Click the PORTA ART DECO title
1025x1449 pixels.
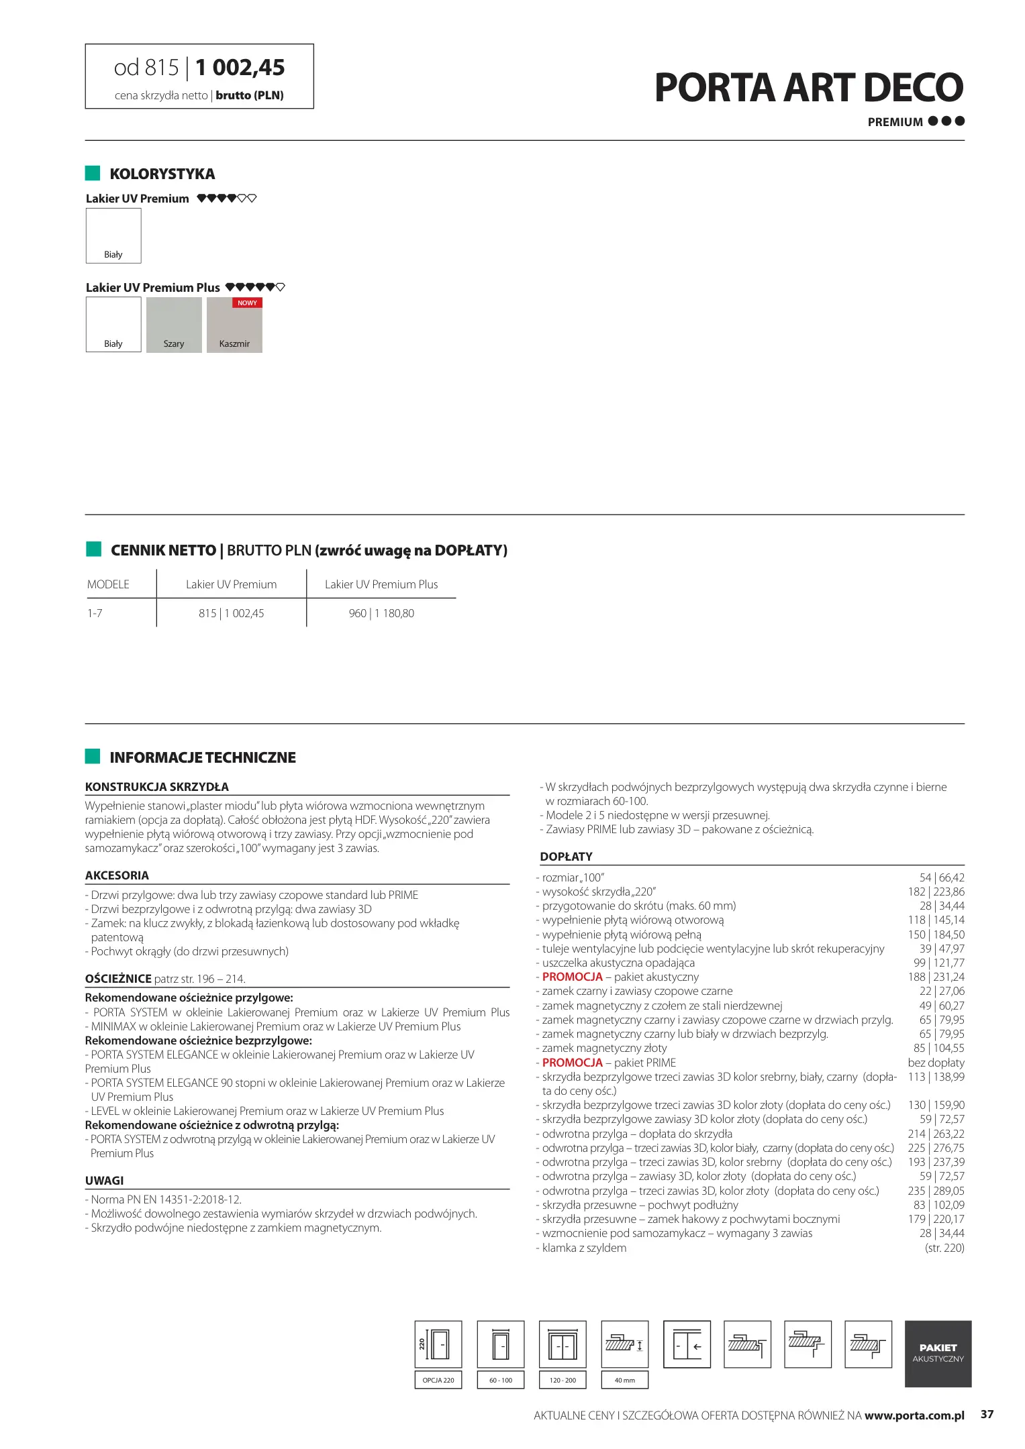point(808,88)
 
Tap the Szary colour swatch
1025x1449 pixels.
point(174,325)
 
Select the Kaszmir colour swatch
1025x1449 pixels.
point(234,325)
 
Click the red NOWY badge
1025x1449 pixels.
point(247,303)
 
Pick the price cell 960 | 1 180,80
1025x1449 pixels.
point(381,613)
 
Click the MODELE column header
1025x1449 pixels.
point(108,584)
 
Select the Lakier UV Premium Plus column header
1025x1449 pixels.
point(381,584)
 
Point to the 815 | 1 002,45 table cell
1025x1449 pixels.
point(232,613)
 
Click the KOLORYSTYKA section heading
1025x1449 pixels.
point(162,174)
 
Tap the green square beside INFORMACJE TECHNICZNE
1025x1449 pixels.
point(93,756)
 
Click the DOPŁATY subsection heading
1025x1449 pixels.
point(566,857)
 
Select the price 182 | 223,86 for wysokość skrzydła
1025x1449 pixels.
point(936,892)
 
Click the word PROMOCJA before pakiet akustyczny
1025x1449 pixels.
point(572,977)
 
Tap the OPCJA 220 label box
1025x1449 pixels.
point(438,1380)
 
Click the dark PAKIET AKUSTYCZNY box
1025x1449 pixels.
point(938,1353)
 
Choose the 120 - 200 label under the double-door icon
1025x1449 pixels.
point(563,1380)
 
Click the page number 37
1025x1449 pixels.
point(987,1414)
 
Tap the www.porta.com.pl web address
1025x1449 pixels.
point(914,1415)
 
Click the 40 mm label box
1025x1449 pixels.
point(624,1380)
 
